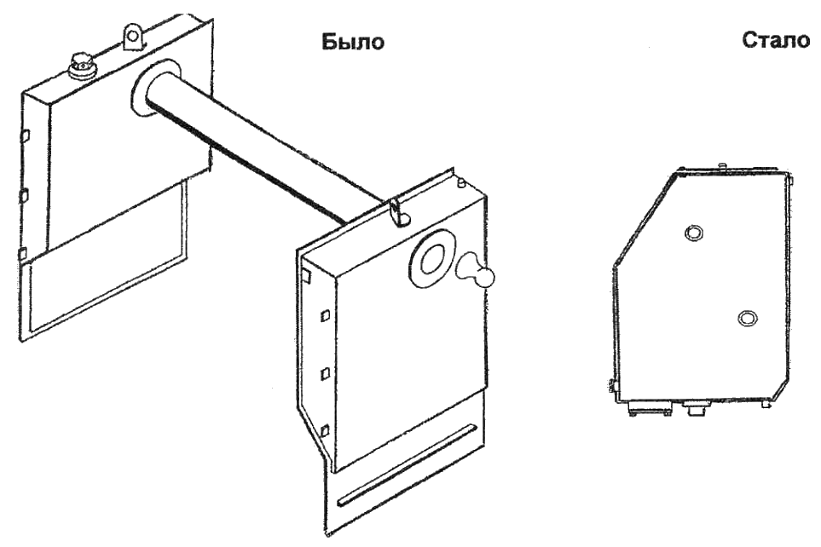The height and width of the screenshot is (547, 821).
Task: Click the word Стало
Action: pos(775,41)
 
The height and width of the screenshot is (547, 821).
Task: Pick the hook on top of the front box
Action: pos(395,210)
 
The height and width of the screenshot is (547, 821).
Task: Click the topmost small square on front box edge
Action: pos(305,275)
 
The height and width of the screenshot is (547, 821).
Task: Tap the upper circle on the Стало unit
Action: pos(695,232)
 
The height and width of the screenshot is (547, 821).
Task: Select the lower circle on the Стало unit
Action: pos(747,318)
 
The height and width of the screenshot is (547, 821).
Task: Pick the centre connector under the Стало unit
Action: pos(694,408)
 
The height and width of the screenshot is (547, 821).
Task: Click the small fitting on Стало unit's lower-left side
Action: pos(614,388)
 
